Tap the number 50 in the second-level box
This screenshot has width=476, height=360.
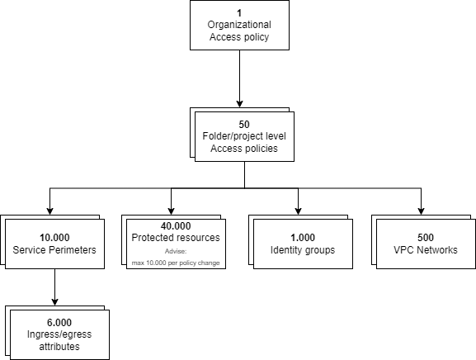point(243,124)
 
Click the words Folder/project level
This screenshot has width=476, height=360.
point(243,137)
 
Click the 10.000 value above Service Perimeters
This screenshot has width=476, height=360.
point(54,237)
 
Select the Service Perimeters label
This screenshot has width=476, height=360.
point(54,250)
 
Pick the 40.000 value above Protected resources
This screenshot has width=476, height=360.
point(175,225)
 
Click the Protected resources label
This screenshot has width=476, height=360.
point(176,238)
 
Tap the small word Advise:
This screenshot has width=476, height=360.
point(176,250)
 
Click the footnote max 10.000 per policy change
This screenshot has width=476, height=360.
point(176,263)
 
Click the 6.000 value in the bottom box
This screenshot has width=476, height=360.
point(59,323)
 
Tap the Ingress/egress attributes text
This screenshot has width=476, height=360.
point(59,341)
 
